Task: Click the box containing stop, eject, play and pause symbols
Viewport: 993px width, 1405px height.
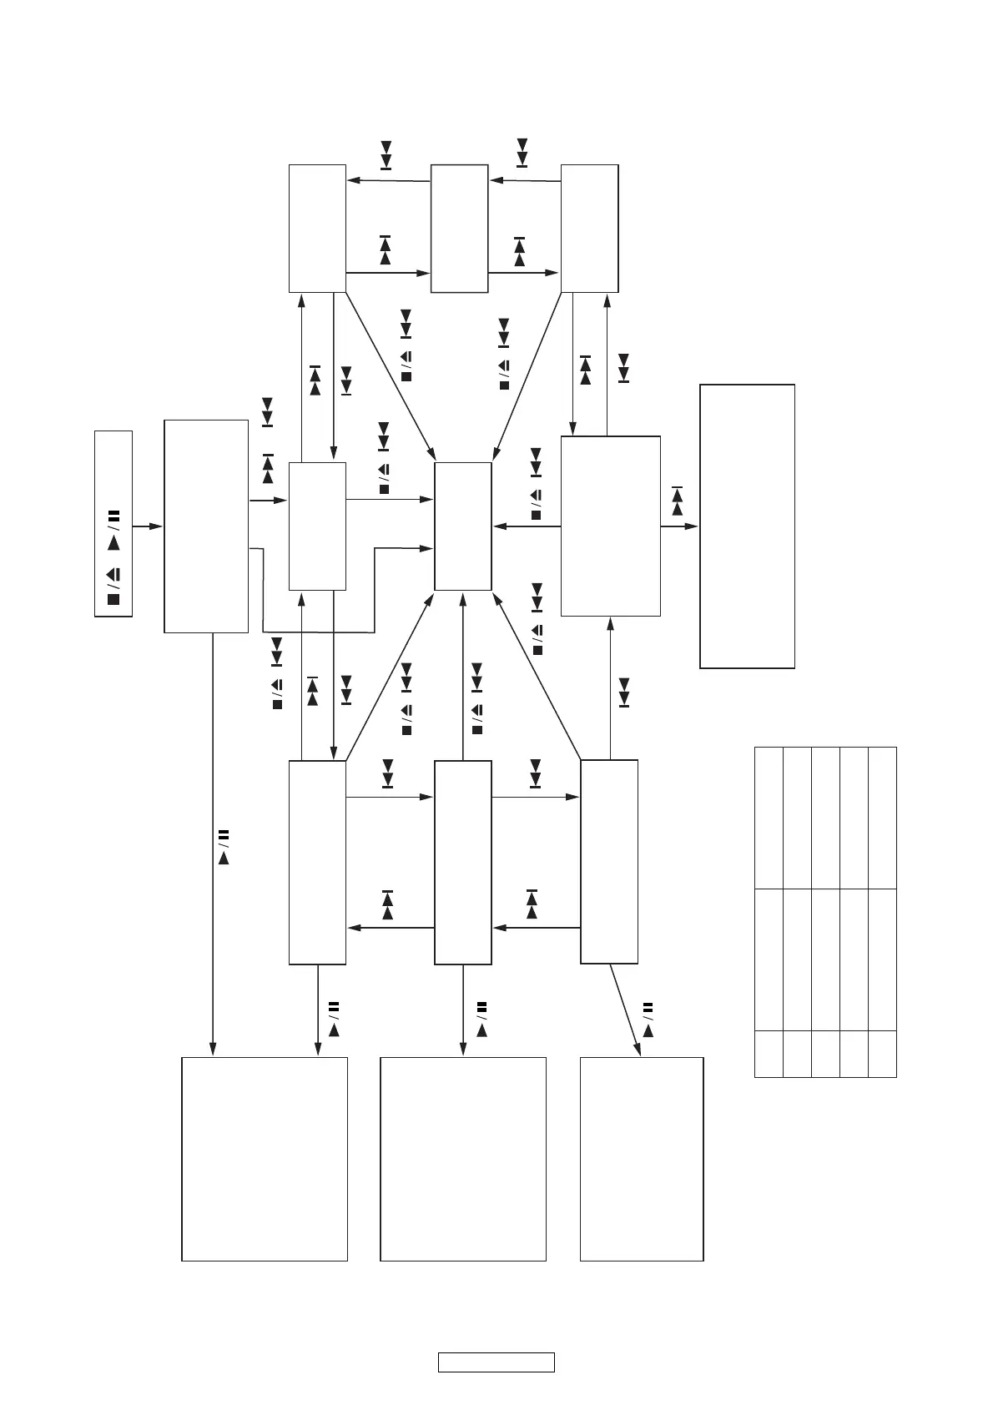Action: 113,524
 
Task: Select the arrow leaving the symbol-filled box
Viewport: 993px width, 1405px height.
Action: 148,526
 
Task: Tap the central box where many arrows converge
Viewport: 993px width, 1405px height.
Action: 463,526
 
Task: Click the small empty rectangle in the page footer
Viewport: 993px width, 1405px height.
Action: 496,1362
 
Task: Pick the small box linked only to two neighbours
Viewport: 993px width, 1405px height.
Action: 459,229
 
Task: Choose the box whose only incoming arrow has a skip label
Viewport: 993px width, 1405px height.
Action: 747,526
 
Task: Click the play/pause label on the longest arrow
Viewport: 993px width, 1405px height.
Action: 223,846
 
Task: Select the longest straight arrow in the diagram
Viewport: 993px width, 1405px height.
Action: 213,843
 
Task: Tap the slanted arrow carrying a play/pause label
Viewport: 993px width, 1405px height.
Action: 625,1010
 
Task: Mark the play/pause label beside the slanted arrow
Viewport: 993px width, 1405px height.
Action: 648,1019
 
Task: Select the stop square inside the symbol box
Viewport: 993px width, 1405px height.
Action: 113,599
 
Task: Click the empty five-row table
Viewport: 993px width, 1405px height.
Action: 825,912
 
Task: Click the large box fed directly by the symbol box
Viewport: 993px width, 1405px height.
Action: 206,526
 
